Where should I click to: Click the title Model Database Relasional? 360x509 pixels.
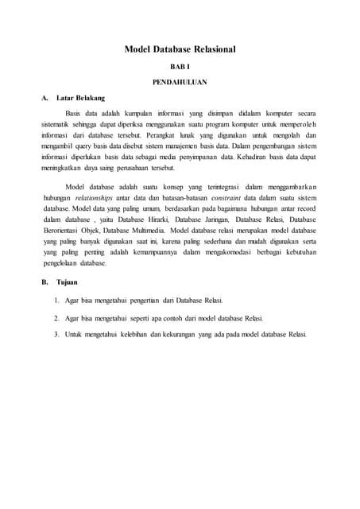(180, 50)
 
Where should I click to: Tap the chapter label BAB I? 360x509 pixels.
(180, 68)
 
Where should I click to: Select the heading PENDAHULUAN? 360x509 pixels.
(180, 83)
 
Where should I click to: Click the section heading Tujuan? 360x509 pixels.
(69, 282)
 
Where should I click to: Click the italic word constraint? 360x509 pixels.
(242, 196)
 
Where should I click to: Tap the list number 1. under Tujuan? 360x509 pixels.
(57, 301)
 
